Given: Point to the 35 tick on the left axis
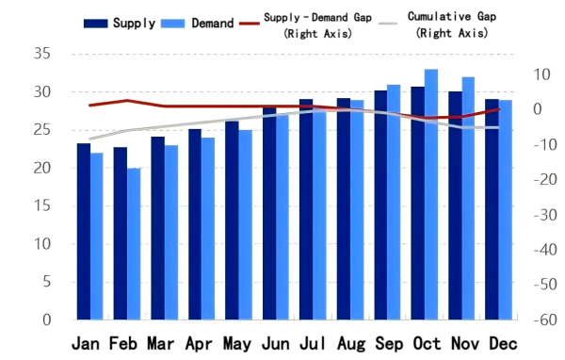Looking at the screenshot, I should click(x=41, y=54).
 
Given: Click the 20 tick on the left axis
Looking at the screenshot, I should click(x=41, y=168).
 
